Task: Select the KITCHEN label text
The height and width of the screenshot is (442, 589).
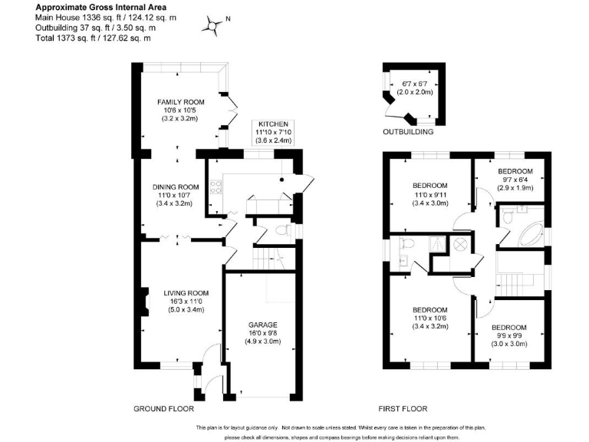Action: point(273,124)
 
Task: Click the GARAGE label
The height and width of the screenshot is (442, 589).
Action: point(262,325)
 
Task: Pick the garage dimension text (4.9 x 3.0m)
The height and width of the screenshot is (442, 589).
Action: point(262,341)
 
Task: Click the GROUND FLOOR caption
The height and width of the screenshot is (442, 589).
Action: point(163,409)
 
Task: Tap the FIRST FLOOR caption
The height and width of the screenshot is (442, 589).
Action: point(403,409)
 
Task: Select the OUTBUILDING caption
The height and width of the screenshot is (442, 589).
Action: point(408,132)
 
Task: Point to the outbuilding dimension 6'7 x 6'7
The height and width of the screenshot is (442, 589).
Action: point(417,84)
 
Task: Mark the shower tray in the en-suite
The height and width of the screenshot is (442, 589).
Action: point(436,243)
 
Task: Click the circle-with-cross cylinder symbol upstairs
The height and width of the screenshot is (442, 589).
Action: point(461,244)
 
